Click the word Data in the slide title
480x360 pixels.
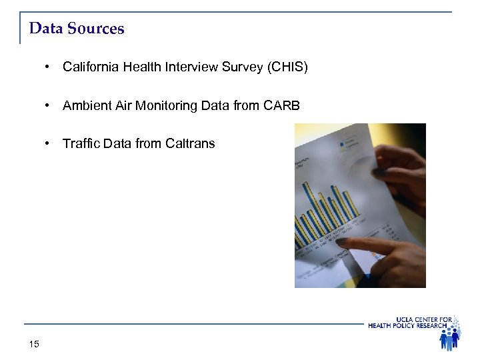pos(46,29)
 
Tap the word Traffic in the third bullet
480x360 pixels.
pos(81,143)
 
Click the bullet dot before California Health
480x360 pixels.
pos(49,67)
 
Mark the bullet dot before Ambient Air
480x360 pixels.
pos(49,105)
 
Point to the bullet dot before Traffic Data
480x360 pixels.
pos(49,143)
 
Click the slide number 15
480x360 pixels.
pos(35,344)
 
